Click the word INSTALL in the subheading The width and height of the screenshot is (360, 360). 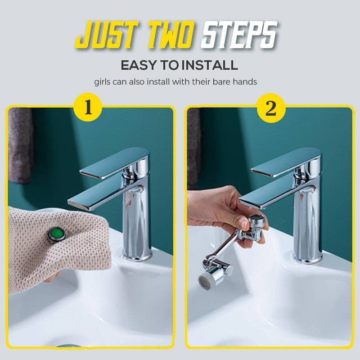209,65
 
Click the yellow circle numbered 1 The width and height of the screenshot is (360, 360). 88,108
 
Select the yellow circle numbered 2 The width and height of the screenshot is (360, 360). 270,108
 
